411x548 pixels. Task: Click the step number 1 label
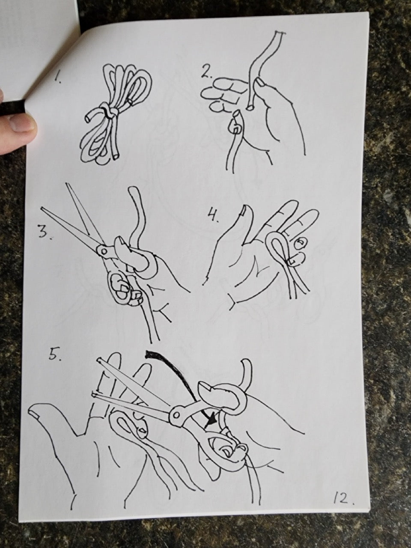59,79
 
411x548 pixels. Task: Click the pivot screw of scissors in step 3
104,250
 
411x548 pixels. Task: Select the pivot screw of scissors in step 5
177,415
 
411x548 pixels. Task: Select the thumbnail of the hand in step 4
244,210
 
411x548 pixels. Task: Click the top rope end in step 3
132,192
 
